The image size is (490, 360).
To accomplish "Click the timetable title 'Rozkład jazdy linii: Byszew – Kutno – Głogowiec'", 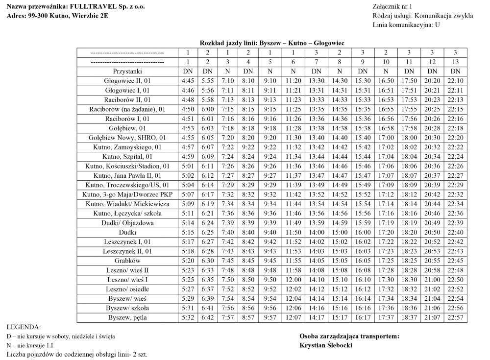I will (272, 43).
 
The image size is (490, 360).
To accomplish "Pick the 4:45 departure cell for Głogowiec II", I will (187, 80).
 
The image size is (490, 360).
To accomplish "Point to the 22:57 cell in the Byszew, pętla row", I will (455, 318).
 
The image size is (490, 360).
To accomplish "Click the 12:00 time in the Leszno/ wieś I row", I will (293, 280).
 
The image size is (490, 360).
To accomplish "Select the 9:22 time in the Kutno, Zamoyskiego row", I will (248, 147).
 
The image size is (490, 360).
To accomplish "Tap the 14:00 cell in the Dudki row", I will (317, 232).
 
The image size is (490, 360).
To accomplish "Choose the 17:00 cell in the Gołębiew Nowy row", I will (386, 138).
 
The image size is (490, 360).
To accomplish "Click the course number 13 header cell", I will (455, 62).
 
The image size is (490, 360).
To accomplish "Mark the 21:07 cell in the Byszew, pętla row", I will (432, 318).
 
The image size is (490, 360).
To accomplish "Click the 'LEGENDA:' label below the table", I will (24, 327).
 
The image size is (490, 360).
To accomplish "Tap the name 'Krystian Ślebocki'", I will (326, 345).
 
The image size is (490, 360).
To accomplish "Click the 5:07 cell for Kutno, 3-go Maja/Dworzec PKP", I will (187, 194).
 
